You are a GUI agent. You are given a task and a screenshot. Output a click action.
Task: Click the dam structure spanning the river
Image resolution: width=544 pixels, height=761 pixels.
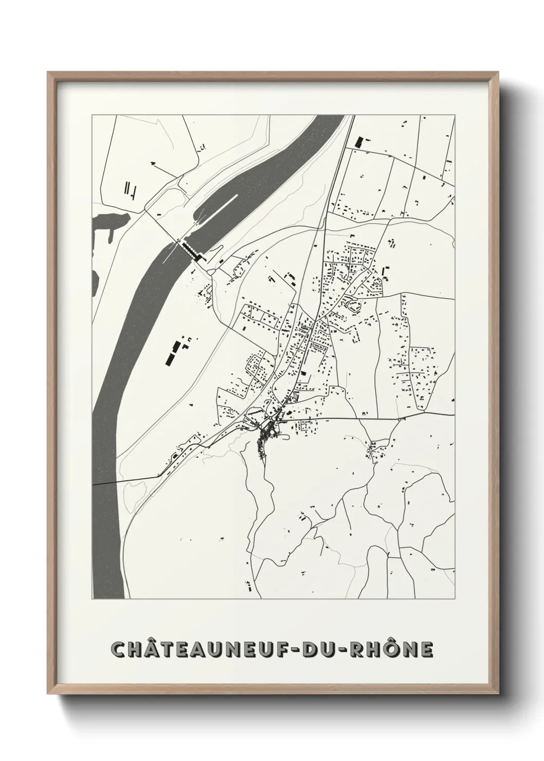tap(189, 250)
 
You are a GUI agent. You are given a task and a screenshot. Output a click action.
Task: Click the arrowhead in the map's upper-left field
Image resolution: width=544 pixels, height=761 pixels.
tap(152, 162)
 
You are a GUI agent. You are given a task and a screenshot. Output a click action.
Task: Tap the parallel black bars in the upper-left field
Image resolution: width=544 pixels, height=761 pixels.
tap(129, 188)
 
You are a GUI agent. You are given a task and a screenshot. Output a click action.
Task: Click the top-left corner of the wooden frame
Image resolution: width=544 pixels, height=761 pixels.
tap(48, 73)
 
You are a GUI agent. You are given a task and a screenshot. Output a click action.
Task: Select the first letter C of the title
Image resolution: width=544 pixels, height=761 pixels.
tap(119, 649)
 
